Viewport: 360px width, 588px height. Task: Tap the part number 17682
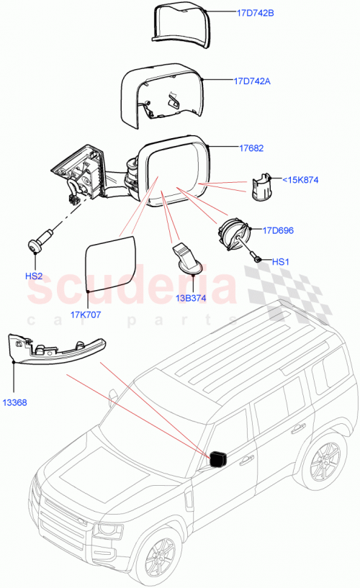[251, 148]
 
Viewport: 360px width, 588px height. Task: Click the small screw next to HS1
[257, 255]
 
